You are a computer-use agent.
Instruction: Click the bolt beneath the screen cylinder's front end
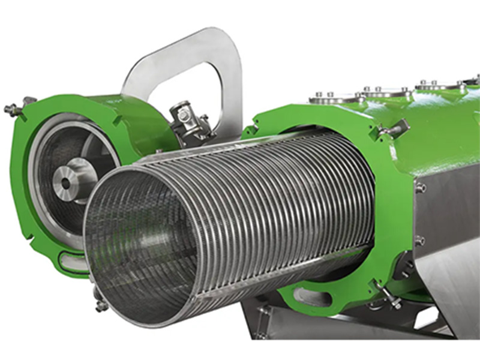point(101,304)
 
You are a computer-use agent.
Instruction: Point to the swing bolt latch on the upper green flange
point(392,128)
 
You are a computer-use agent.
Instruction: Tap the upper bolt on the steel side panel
point(421,188)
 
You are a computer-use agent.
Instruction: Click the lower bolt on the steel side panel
point(420,241)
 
